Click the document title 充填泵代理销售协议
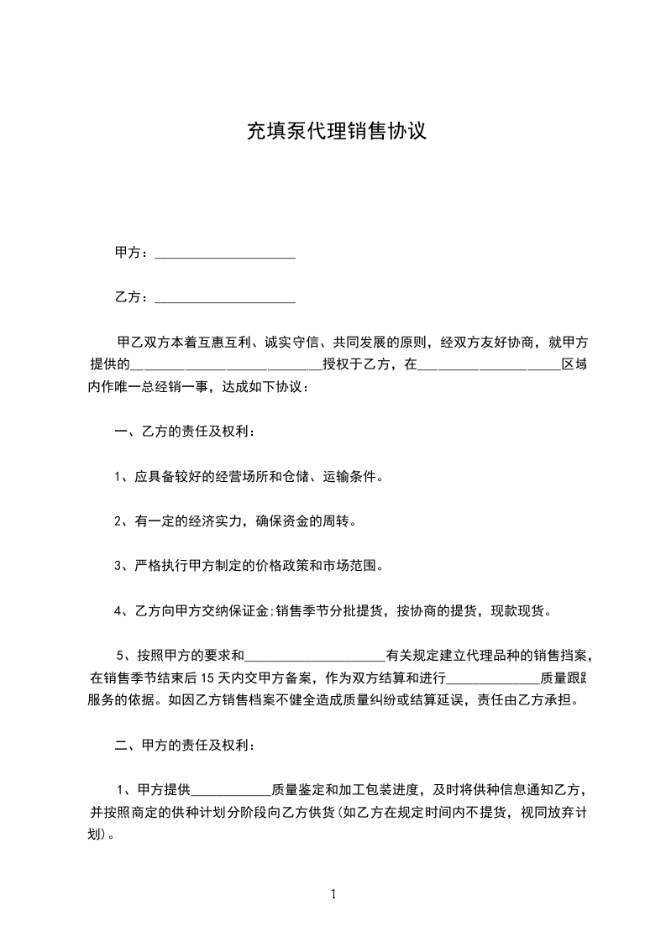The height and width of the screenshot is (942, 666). tap(336, 132)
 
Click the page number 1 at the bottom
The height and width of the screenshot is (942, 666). tap(333, 894)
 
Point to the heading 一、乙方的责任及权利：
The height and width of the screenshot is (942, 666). tap(184, 432)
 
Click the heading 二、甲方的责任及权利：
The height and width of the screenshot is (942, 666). tap(184, 746)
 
